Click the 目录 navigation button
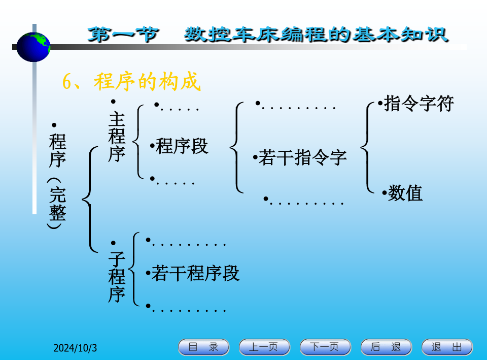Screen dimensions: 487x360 pyautogui.click(x=204, y=347)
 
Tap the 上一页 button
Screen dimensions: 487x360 pyautogui.click(x=265, y=347)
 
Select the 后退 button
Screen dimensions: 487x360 pyautogui.click(x=387, y=347)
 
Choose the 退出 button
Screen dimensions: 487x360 pyautogui.click(x=447, y=347)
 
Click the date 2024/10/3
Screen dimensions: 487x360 pyautogui.click(x=75, y=348)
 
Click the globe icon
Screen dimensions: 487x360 pyautogui.click(x=33, y=47)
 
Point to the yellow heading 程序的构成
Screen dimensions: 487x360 pyautogui.click(x=147, y=82)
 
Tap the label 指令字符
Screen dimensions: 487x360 pyautogui.click(x=419, y=104)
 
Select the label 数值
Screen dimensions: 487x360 pyautogui.click(x=405, y=193)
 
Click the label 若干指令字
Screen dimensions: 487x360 pyautogui.click(x=303, y=157)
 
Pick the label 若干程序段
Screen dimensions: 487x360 pyautogui.click(x=195, y=274)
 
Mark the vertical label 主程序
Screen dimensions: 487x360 pyautogui.click(x=117, y=137)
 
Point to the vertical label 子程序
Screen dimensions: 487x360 pyautogui.click(x=117, y=277)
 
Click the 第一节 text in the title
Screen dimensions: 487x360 pyautogui.click(x=123, y=35)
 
